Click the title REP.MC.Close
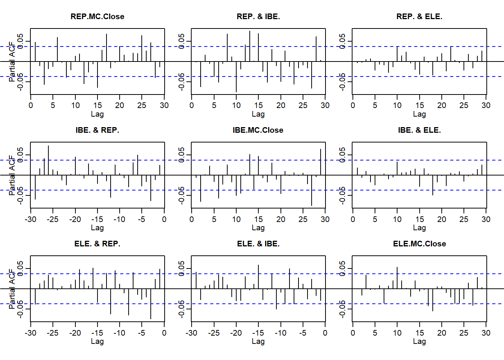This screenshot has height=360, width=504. pos(97,16)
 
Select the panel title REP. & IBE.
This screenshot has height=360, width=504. pos(258,16)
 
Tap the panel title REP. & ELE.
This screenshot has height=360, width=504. pos(419,16)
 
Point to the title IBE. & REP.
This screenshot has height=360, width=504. pos(97,130)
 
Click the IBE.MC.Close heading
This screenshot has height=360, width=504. pos(258,130)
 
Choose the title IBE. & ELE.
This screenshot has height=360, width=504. pos(419,130)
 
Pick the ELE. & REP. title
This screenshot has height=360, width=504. pos(97,244)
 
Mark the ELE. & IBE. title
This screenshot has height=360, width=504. pos(258,244)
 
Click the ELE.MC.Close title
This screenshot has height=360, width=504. pos(419,244)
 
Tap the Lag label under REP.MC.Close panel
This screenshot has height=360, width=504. pos(97,114)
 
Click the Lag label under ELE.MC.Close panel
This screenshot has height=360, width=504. pos(419,341)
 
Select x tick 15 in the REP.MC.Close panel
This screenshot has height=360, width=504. pos(97,105)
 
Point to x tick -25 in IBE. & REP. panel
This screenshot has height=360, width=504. pos(52,219)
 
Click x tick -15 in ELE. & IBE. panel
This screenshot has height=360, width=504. pos(258,333)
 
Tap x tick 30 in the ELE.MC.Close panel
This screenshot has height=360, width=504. pos(486,333)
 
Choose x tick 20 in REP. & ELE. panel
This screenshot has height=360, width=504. pos(442,105)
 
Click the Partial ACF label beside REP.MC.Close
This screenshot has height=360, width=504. pos(12,61)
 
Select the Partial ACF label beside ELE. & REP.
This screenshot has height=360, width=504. pos(12,289)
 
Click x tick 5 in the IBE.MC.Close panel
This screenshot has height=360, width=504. pos(214,219)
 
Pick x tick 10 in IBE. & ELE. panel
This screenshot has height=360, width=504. pos(397,219)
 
